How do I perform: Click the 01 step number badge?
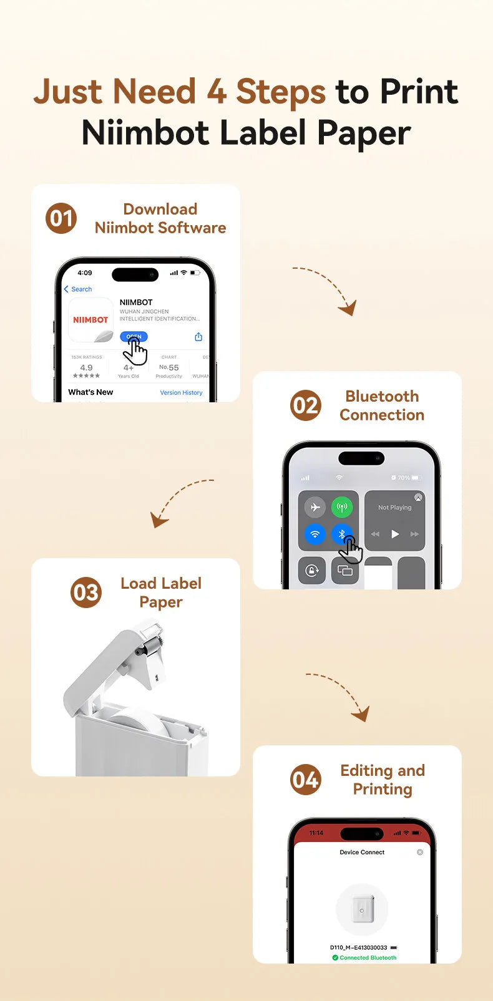point(61,218)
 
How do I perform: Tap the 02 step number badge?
point(306,405)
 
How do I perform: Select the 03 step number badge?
point(85,592)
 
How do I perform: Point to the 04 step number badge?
point(306,780)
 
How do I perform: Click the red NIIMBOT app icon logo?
point(90,320)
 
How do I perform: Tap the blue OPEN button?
point(134,337)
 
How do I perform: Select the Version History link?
point(181,393)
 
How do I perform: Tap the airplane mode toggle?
point(315,507)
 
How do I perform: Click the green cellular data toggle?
point(342,507)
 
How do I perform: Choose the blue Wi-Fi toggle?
point(315,534)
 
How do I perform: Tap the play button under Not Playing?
point(394,534)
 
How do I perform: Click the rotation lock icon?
point(312,570)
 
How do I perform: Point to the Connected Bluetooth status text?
point(368,957)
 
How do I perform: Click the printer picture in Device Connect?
point(362,909)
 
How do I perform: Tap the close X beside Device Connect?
point(420,852)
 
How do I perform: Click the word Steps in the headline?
point(281,92)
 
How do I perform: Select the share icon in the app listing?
point(198,337)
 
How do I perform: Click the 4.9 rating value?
point(86,368)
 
